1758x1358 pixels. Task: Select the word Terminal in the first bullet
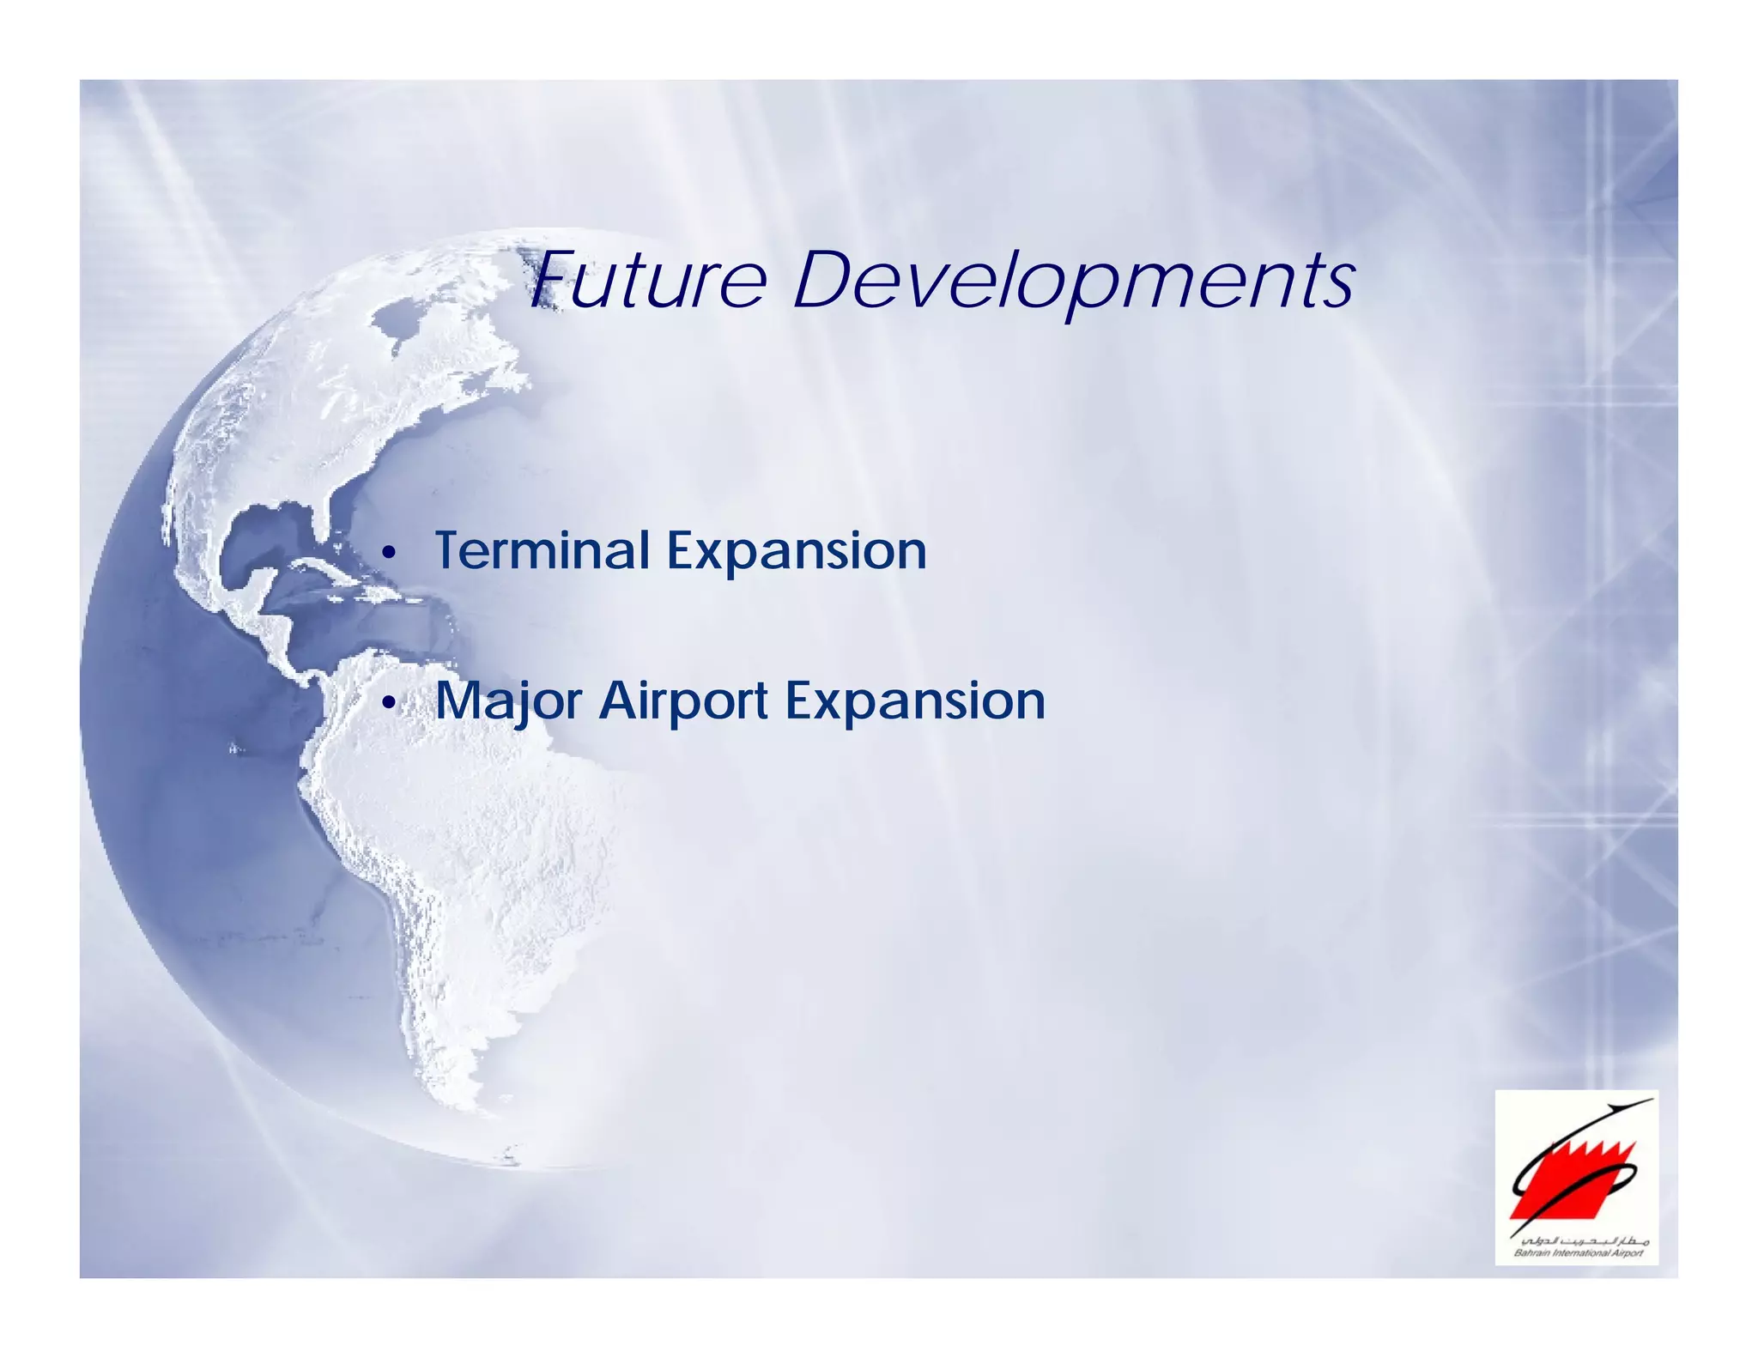coord(542,550)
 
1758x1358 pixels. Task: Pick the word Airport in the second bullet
coord(683,702)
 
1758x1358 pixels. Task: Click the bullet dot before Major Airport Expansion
coord(389,705)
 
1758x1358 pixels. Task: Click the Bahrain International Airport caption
coord(1578,1254)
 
